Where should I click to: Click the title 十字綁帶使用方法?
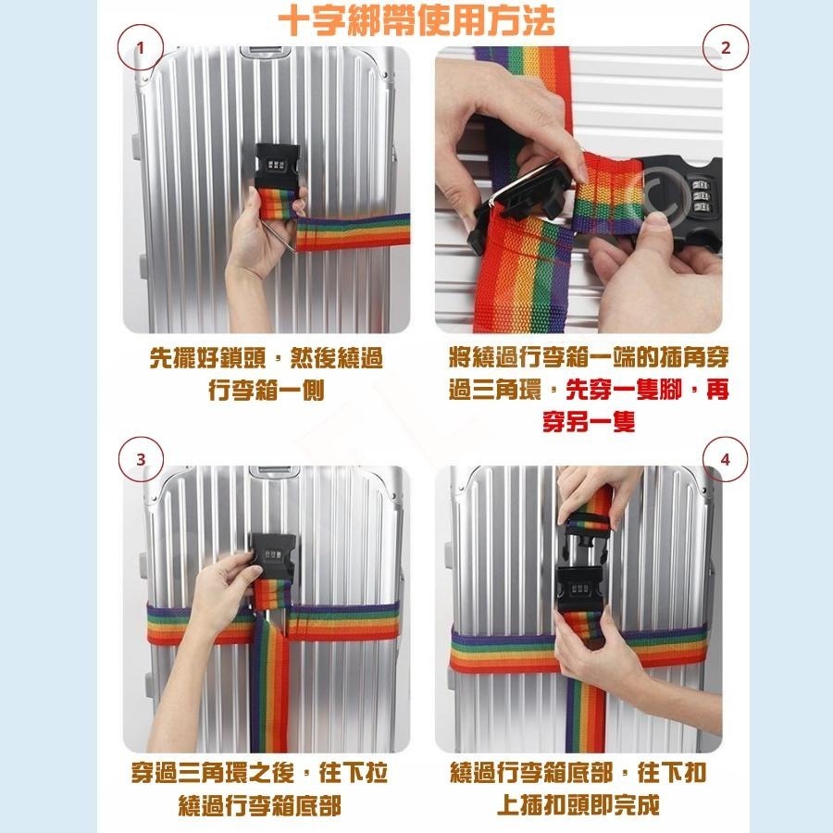(x=416, y=19)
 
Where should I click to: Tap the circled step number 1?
(x=141, y=48)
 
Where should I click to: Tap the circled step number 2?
(x=725, y=48)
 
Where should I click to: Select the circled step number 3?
(x=141, y=460)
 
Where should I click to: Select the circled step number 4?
(x=725, y=460)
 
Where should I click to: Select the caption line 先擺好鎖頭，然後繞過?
(x=266, y=359)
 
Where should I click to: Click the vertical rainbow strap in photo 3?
(x=270, y=685)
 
